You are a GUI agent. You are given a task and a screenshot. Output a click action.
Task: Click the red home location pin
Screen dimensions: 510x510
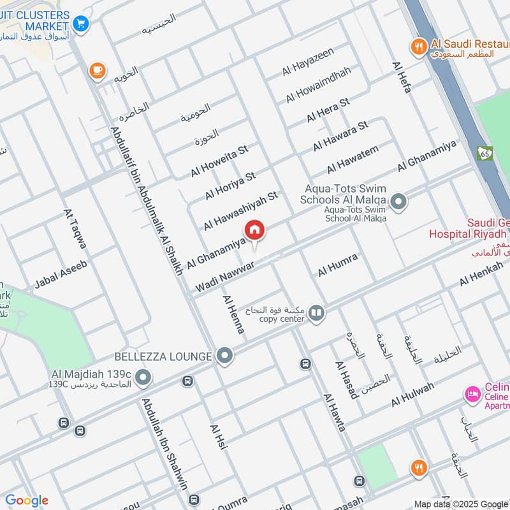point(254,230)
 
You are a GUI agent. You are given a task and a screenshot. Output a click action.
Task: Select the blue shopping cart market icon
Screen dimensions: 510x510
point(80,24)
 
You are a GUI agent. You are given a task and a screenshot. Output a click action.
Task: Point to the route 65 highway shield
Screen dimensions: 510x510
point(484,153)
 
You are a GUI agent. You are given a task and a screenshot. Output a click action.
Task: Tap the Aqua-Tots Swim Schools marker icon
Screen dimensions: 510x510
point(398,202)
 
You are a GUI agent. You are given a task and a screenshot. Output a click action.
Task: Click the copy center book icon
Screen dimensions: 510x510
point(316,313)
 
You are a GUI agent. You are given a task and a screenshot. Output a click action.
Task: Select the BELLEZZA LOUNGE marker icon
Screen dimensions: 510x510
point(224,356)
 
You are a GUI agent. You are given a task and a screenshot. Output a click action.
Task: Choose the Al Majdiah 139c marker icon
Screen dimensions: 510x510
point(143,378)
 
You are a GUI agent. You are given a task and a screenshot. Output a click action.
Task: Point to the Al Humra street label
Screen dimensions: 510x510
point(338,265)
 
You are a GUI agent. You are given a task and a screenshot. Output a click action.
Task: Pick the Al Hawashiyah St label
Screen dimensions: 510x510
point(241,210)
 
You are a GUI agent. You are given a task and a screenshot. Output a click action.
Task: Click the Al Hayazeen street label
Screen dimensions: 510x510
point(308,63)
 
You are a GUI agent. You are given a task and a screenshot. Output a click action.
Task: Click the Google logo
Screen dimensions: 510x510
point(26,500)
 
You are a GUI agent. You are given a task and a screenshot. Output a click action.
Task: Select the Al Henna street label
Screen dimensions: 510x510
point(233,314)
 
